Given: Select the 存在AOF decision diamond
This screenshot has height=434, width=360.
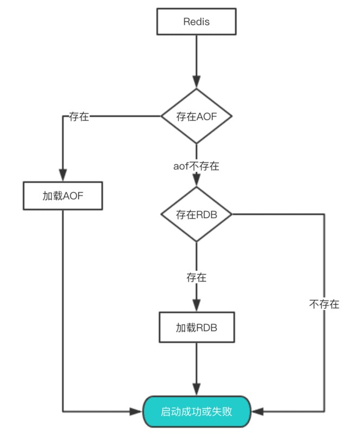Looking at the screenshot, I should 196,116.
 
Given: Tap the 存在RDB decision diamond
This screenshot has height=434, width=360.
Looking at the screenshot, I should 196,214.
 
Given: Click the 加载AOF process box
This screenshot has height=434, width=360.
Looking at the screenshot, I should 63,196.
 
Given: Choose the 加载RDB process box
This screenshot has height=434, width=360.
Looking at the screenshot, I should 196,328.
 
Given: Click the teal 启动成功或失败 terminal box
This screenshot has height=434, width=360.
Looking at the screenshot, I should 196,412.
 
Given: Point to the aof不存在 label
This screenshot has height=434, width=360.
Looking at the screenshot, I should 196,166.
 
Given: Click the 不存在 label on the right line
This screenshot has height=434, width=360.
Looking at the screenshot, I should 324,304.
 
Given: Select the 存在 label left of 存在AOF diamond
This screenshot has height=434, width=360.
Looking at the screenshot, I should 79,116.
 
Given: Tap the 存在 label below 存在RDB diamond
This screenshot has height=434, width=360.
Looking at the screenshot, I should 196,278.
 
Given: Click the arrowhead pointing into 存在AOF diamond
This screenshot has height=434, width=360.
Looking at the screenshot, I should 196,82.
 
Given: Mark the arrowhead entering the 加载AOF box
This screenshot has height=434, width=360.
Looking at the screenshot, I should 63,176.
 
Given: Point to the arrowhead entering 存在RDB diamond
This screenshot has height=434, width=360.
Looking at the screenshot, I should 196,181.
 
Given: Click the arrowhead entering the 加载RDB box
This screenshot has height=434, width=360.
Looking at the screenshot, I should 196,307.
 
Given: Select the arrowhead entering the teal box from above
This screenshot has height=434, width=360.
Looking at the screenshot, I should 196,391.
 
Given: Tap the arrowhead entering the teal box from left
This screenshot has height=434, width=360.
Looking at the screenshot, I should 136,412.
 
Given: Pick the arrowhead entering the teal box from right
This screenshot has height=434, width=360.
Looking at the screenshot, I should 257,412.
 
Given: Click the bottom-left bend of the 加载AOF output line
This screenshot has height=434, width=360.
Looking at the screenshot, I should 63,412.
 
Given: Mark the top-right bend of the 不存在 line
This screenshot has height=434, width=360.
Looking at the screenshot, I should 324,214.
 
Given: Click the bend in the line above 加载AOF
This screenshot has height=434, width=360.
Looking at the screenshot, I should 63,116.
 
